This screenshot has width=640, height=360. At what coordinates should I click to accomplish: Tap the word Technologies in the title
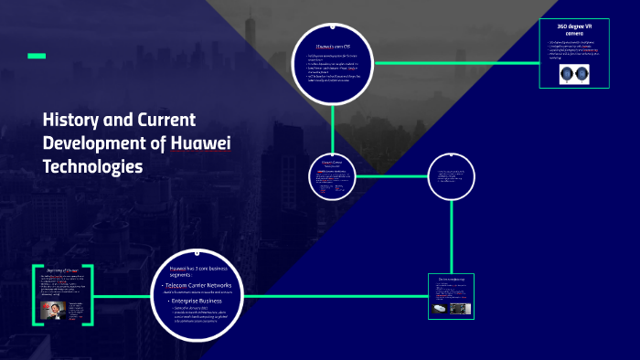[x=92, y=167]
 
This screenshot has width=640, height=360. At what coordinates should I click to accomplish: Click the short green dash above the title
[x=37, y=57]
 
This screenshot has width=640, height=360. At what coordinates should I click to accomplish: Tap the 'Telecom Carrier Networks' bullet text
[x=201, y=286]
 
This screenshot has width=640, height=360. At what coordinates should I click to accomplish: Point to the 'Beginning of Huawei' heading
[x=62, y=270]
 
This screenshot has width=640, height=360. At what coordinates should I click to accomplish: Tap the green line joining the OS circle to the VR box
[x=457, y=62]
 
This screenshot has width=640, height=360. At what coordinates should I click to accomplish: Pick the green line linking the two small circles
[x=393, y=175]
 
